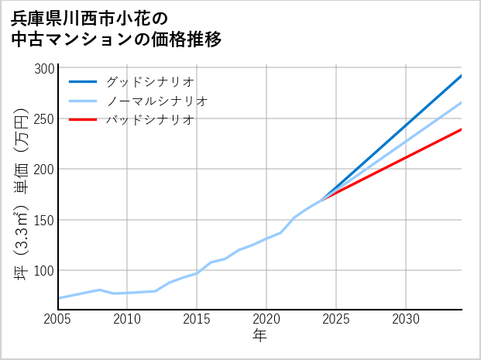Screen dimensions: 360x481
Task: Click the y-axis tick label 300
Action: click(x=45, y=69)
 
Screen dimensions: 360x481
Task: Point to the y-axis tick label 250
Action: click(x=45, y=119)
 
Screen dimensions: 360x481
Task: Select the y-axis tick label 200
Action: click(x=45, y=170)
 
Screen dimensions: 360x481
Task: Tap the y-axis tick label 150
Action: click(x=45, y=220)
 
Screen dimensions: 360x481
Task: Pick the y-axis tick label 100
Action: click(x=45, y=270)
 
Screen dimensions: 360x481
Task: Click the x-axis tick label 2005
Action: click(x=58, y=319)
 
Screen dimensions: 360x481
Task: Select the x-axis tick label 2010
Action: click(x=127, y=319)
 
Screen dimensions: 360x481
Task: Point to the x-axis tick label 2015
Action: click(x=197, y=319)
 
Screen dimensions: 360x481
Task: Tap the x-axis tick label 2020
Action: click(x=266, y=319)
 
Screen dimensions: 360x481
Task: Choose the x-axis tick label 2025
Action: click(x=336, y=319)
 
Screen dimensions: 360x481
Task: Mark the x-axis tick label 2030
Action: click(x=406, y=319)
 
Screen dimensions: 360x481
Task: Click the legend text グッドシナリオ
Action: click(x=149, y=81)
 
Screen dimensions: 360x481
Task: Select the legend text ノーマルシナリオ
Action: click(x=156, y=101)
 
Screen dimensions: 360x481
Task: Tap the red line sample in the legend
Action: click(x=83, y=120)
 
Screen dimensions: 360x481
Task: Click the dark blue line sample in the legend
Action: click(x=83, y=81)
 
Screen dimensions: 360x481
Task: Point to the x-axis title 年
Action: click(x=260, y=336)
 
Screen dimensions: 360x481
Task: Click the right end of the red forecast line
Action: click(x=461, y=129)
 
